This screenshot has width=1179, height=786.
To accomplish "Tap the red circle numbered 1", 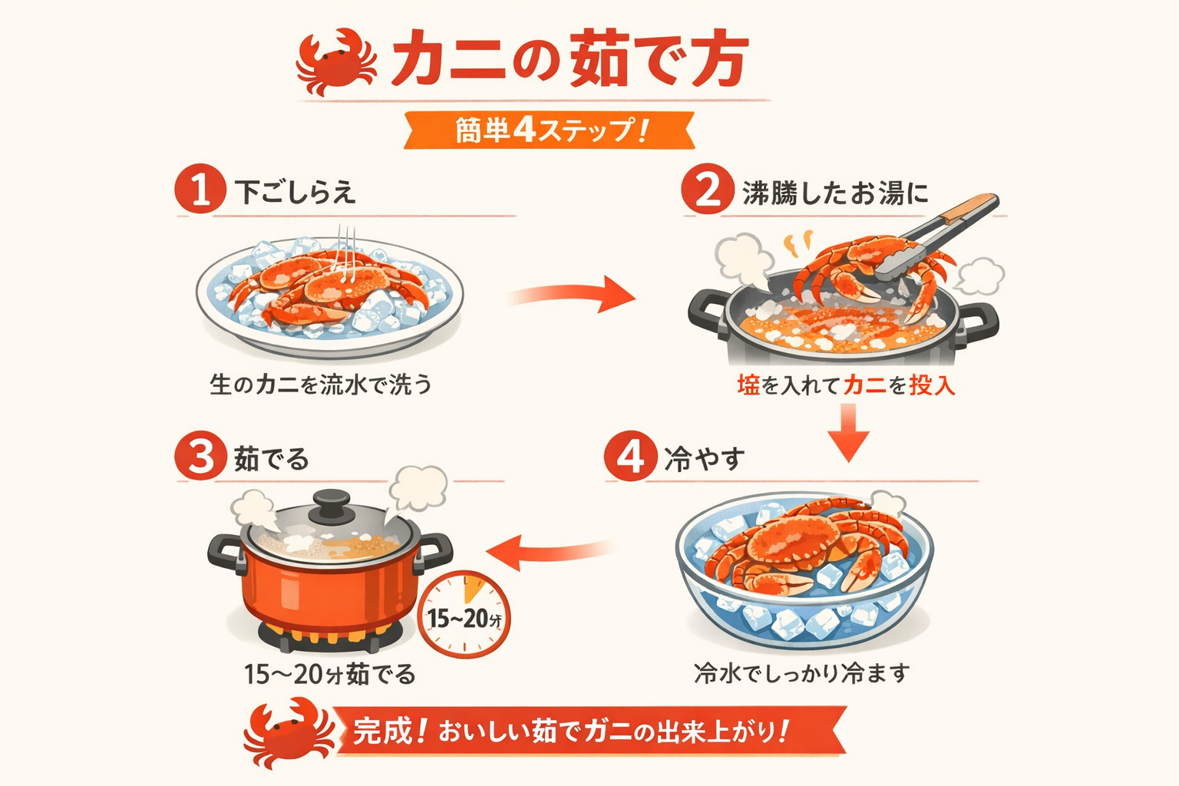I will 200,189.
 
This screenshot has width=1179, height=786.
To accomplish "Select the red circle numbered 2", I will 707,190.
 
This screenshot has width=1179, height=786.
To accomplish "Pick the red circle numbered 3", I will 200,457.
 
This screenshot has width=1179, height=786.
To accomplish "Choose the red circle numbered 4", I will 630,457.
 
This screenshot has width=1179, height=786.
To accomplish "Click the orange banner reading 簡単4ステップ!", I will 550,130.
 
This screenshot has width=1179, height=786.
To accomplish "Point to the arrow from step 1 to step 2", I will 572,296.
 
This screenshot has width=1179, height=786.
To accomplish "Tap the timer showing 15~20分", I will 464,615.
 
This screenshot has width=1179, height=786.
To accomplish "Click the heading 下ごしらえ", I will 296,192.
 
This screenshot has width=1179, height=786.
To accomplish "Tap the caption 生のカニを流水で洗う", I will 321,384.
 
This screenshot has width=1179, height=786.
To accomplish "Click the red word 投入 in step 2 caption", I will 932,385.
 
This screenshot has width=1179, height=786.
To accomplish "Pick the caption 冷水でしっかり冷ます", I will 801,673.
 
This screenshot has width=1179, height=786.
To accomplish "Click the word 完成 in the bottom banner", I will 383,731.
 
